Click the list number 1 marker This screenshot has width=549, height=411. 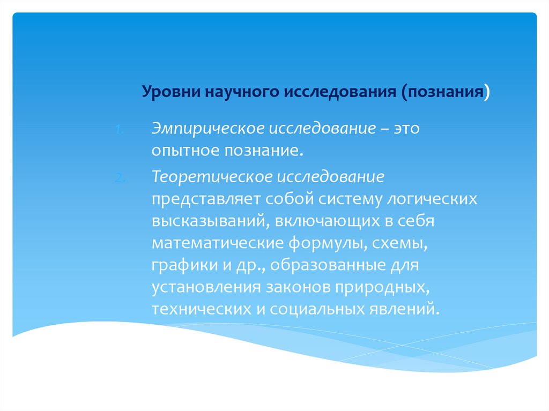click(120, 130)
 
